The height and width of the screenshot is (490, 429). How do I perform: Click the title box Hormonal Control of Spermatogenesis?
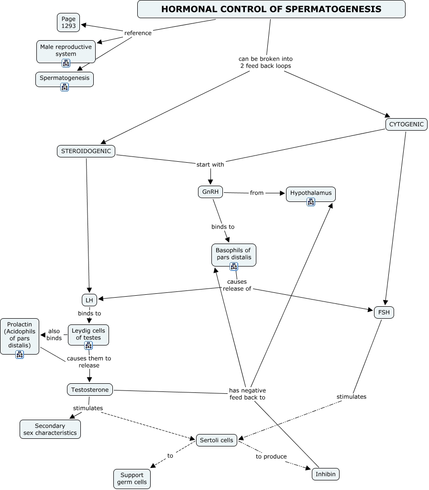(x=271, y=9)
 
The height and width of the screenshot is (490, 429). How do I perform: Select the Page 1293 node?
(x=68, y=22)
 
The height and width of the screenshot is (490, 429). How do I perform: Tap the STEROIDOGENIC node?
(x=86, y=151)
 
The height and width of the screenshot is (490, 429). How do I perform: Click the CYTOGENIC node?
(x=406, y=124)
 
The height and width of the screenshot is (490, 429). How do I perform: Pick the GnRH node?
(x=210, y=192)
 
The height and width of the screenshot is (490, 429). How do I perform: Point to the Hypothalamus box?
(x=311, y=193)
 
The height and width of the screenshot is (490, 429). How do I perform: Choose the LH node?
(x=89, y=300)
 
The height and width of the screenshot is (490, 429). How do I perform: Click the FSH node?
(x=384, y=312)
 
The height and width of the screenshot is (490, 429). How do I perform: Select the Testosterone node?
(x=90, y=390)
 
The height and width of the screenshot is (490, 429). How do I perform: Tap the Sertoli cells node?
(x=217, y=440)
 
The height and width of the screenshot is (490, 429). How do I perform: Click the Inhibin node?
(x=326, y=474)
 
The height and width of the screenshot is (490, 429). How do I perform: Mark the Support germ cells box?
(x=132, y=479)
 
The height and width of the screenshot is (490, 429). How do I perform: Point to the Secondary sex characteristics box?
(x=50, y=429)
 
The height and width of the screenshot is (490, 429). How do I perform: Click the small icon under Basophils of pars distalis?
(x=234, y=267)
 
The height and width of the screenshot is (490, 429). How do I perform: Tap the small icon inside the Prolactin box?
(x=20, y=355)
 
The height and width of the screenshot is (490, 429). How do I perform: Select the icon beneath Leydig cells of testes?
(x=88, y=345)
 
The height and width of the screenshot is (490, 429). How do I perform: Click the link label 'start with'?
(x=210, y=165)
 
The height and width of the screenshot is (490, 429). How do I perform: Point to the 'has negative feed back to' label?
(x=247, y=394)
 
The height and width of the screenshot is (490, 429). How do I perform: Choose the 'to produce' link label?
(x=271, y=457)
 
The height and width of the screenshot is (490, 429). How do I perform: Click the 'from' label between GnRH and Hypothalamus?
(x=257, y=193)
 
